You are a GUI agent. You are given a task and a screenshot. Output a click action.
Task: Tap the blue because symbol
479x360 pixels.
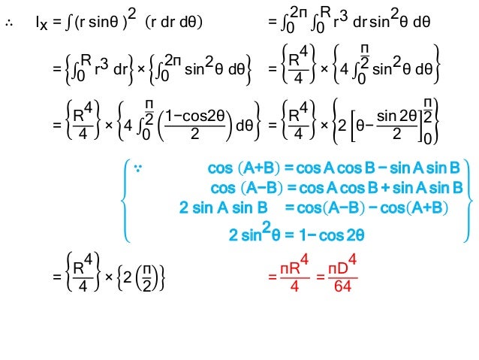138,167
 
